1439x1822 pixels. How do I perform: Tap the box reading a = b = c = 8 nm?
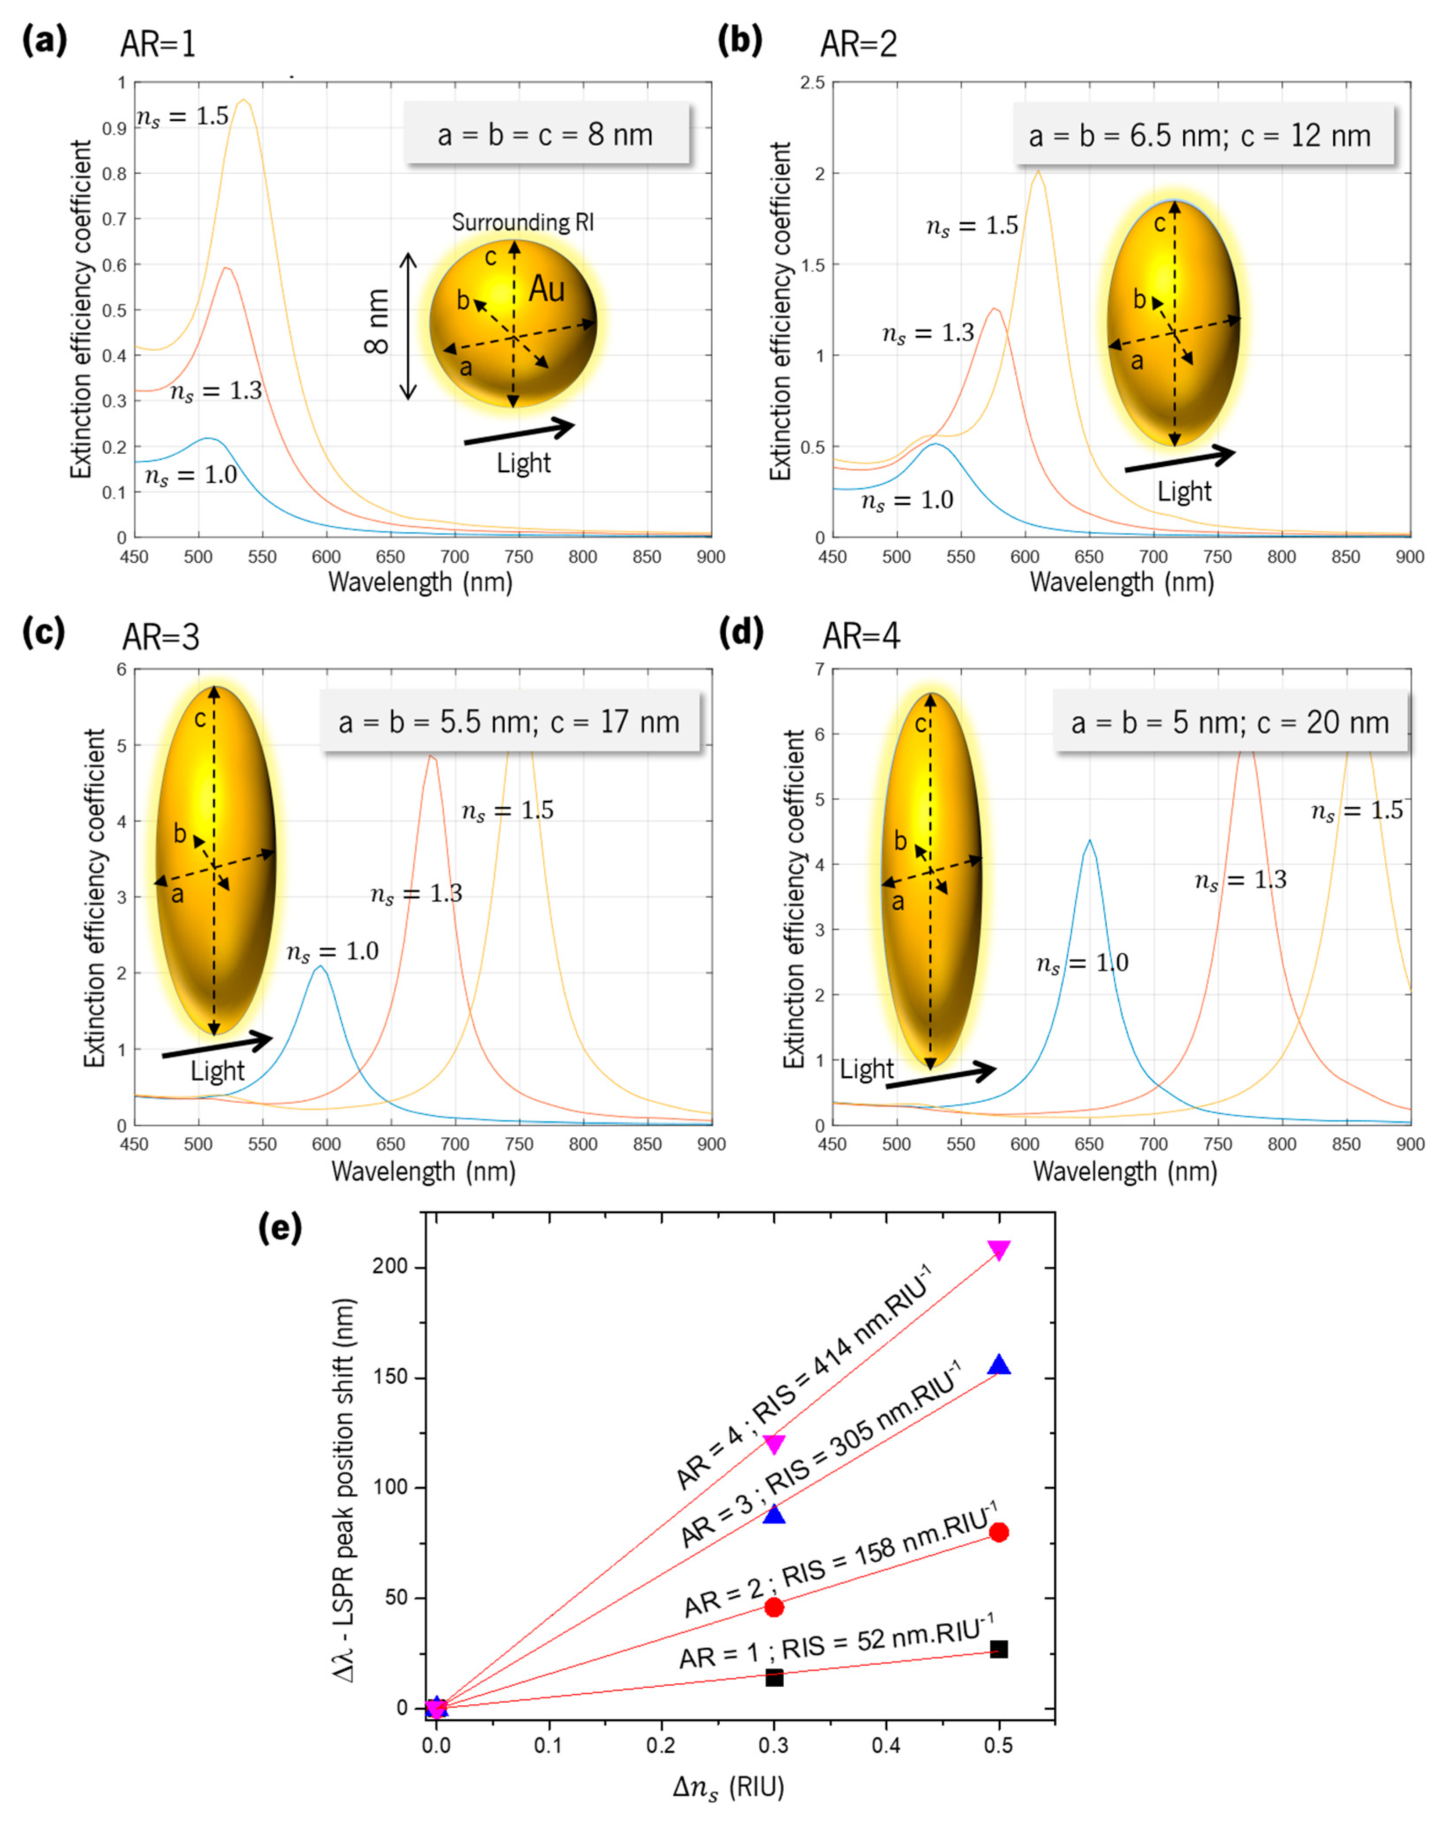coord(546,134)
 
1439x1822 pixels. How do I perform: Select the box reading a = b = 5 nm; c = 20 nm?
coord(1230,722)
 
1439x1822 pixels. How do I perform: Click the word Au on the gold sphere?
coord(547,289)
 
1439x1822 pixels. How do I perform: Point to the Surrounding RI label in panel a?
coord(522,223)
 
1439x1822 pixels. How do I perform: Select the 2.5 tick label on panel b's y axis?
coord(813,83)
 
